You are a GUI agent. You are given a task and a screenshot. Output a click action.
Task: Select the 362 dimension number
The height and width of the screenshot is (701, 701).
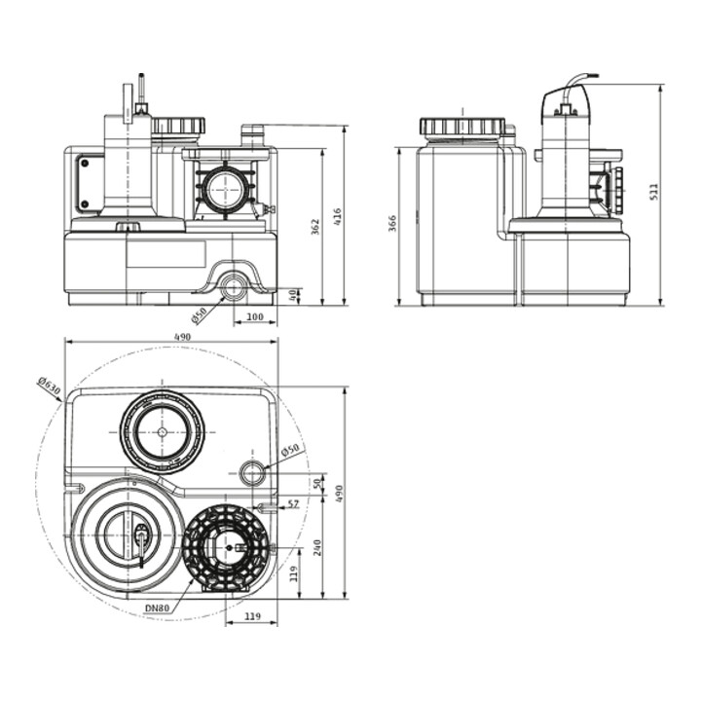point(315,227)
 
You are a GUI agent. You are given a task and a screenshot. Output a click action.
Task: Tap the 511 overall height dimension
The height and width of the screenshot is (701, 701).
point(654,192)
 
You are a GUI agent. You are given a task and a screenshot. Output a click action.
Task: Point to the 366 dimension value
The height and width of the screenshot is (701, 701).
point(391,224)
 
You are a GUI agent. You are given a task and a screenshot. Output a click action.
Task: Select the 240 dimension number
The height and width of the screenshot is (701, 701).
point(317,548)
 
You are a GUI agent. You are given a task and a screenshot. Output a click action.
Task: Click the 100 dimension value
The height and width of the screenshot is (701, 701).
point(255,317)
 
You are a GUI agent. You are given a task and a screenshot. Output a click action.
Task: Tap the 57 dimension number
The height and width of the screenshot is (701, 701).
point(293,504)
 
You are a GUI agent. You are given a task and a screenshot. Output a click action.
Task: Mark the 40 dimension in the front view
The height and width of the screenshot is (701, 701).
point(293,296)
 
